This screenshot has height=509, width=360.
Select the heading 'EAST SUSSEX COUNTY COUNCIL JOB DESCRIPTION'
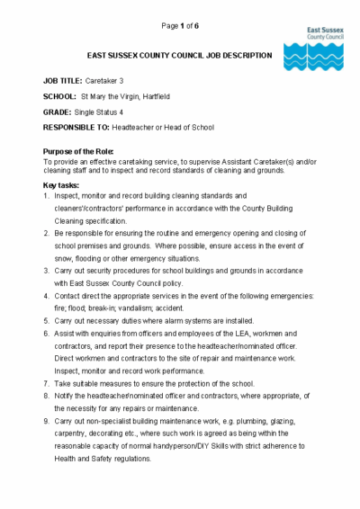(159, 56)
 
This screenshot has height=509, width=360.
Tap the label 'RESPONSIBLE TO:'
(82, 128)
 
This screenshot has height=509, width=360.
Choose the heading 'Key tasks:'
(61, 183)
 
